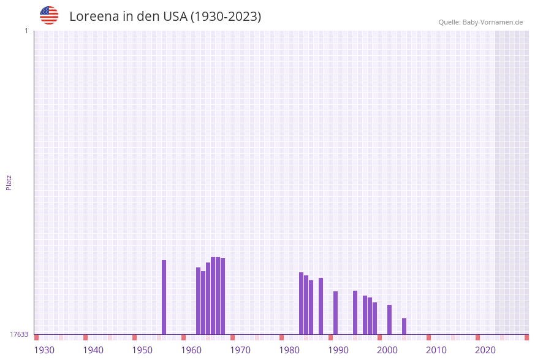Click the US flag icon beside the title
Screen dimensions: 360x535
tap(49, 15)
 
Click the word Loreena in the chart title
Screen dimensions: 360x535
tap(94, 17)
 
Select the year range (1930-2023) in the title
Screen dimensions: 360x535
tap(226, 17)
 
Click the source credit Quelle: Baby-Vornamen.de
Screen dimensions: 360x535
tap(480, 22)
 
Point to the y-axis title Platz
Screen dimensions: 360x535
tap(9, 182)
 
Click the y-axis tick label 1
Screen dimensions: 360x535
tap(26, 31)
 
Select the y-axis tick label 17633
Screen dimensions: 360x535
tap(19, 334)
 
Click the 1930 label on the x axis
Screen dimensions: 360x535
tap(44, 350)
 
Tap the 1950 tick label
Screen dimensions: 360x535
tap(142, 350)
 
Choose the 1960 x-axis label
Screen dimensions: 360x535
tap(191, 350)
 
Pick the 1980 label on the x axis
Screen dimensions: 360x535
tap(289, 350)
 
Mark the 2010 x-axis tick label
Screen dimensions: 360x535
tap(436, 350)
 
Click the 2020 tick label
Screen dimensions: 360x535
tap(485, 350)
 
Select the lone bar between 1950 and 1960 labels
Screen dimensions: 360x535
tap(164, 297)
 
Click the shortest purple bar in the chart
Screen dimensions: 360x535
tap(404, 326)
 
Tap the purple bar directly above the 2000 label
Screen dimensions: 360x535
tap(389, 319)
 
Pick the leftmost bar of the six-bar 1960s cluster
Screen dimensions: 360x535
tap(198, 301)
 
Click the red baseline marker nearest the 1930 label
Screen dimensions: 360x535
tap(37, 337)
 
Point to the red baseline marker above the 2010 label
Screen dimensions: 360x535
tap(428, 337)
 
